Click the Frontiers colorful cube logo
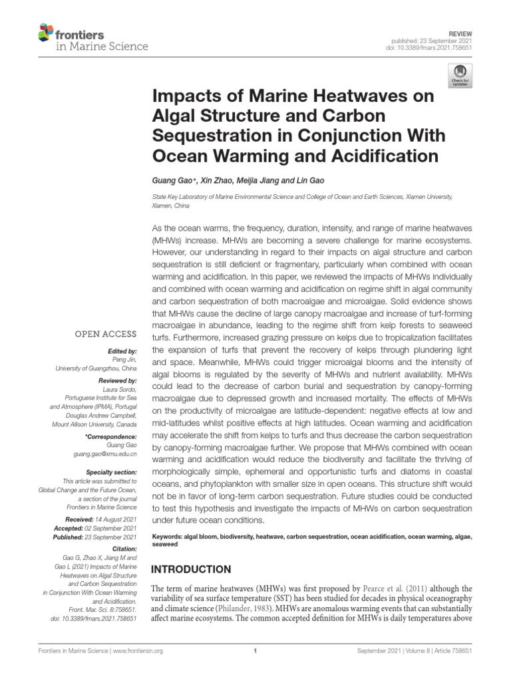coord(46,31)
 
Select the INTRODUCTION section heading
coord(192,569)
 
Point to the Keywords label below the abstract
coord(170,535)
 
